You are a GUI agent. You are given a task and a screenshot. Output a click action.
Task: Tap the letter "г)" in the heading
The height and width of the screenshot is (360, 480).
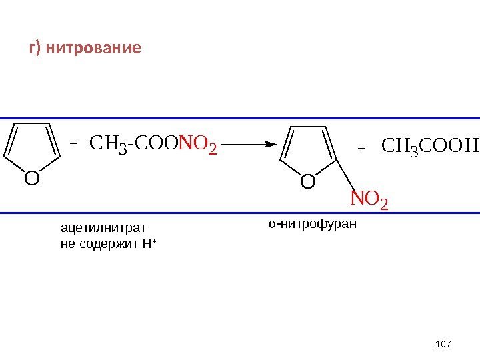point(35,49)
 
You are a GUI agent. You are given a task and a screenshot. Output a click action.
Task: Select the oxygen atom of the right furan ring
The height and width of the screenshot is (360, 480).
point(307,181)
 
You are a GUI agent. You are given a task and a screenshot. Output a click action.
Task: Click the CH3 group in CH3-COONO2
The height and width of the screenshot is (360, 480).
point(105,143)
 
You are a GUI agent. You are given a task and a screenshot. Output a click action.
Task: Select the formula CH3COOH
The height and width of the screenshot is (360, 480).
point(429,145)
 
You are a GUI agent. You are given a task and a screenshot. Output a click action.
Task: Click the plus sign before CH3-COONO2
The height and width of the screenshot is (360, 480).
point(73,143)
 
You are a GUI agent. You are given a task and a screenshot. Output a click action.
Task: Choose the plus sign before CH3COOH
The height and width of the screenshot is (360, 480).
point(361,147)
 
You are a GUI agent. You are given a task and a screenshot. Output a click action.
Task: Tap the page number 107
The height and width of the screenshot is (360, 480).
point(443,344)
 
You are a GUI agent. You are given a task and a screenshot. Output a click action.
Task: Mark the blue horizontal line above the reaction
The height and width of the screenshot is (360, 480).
point(240,119)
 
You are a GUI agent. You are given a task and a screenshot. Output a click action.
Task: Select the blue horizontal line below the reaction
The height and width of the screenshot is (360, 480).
point(240,213)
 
